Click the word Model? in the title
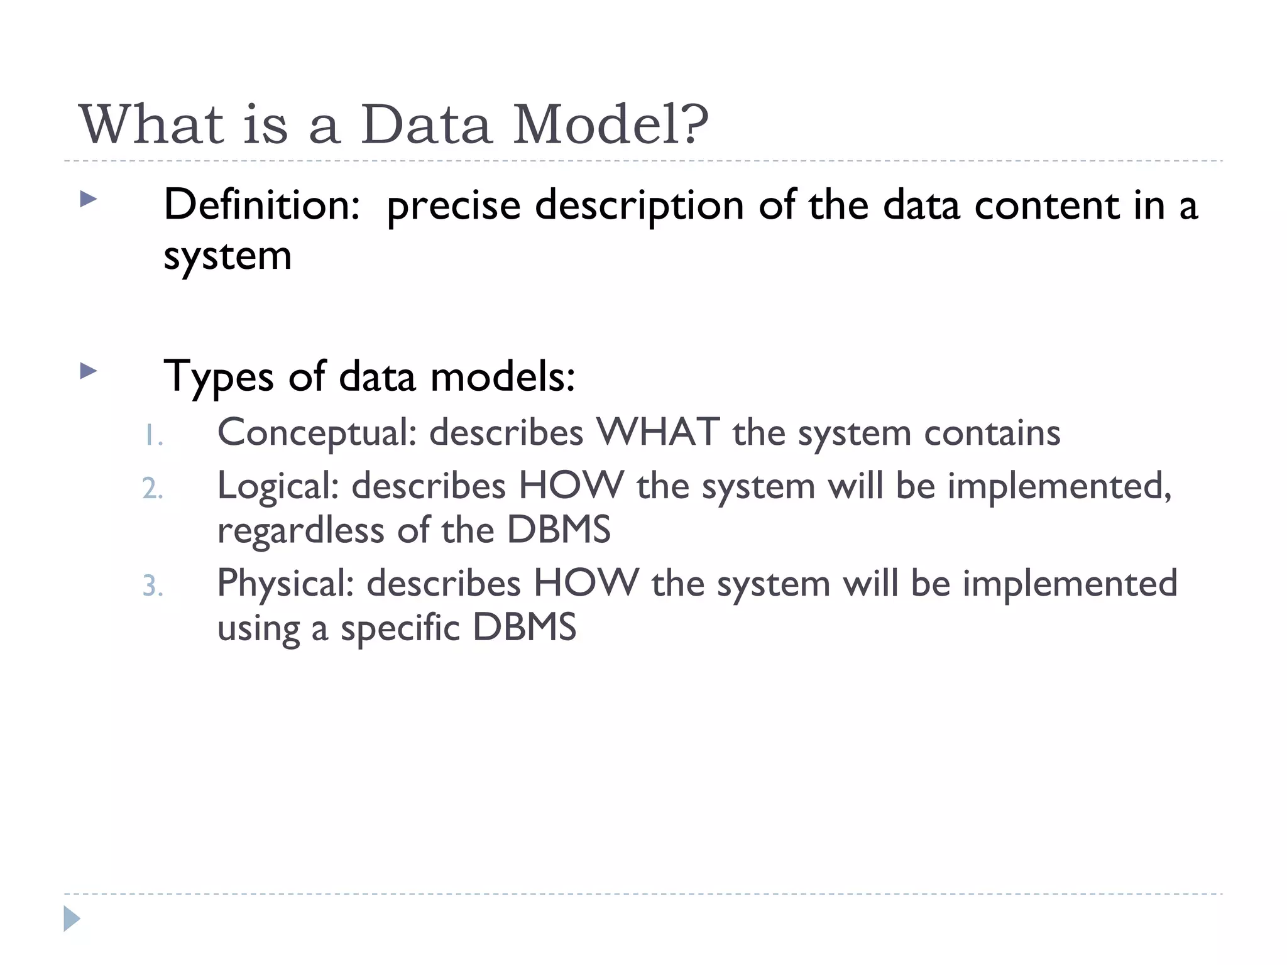tap(610, 124)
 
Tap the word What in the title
tap(151, 124)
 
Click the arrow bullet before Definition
tap(89, 200)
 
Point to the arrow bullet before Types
tap(89, 371)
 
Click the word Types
tap(218, 377)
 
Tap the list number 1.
tap(152, 435)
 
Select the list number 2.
tap(152, 489)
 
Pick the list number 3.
tap(152, 586)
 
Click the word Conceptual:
tap(317, 433)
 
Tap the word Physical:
tap(286, 584)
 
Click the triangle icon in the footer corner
tap(72, 919)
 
